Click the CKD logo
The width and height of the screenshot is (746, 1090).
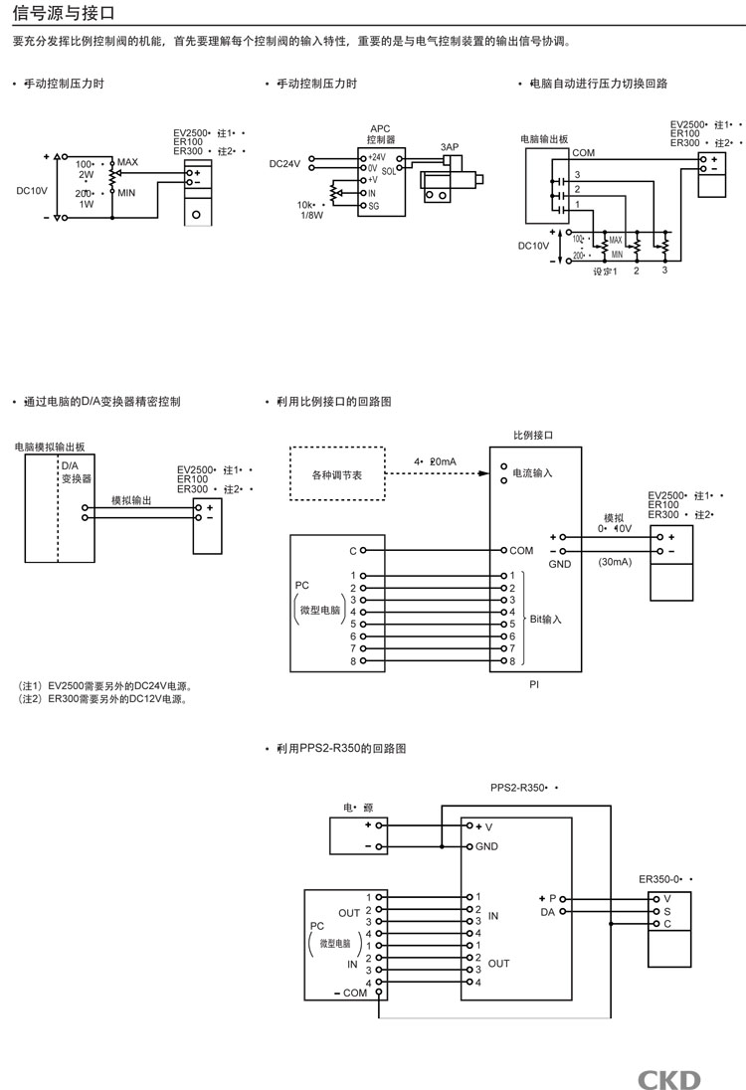tap(669, 1079)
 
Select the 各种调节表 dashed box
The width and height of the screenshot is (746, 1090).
tap(336, 474)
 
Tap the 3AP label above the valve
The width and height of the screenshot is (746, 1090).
tap(450, 147)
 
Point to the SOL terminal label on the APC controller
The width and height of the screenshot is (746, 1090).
tap(388, 171)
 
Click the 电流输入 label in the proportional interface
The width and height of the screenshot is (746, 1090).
tap(532, 474)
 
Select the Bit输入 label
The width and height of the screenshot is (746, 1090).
tap(545, 619)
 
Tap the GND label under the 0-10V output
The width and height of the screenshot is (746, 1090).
tap(560, 564)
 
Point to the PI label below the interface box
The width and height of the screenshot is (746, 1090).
tap(534, 684)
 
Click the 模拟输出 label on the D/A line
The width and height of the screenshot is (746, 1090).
tap(131, 501)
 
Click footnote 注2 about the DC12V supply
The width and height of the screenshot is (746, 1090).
tap(103, 698)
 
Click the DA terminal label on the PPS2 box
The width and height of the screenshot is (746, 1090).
tap(547, 911)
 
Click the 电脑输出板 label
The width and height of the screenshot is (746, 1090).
tap(544, 140)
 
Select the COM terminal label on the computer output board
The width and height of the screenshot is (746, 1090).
tap(584, 153)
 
